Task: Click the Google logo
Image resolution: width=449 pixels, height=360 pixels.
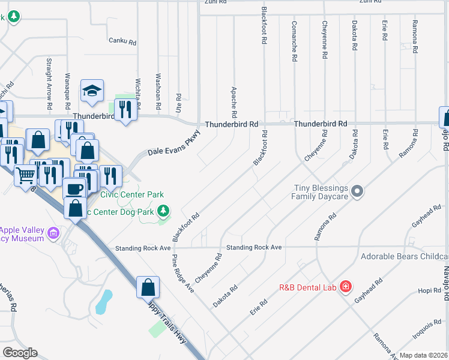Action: coord(19,353)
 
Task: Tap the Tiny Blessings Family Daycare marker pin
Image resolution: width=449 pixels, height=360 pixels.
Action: coord(358,191)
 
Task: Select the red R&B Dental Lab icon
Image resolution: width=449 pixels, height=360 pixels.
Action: coord(346,286)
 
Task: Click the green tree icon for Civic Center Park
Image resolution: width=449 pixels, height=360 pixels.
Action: coord(163,210)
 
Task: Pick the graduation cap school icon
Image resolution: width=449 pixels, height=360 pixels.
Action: coord(92,91)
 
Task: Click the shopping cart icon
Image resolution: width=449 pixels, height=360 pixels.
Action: coord(26,175)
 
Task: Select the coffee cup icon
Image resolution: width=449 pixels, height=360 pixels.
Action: coord(74,188)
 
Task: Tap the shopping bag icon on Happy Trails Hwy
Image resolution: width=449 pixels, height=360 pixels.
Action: coord(148,287)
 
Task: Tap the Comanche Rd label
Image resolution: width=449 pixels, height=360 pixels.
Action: coord(294,41)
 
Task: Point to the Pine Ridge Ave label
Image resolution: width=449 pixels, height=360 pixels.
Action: coord(183,273)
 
